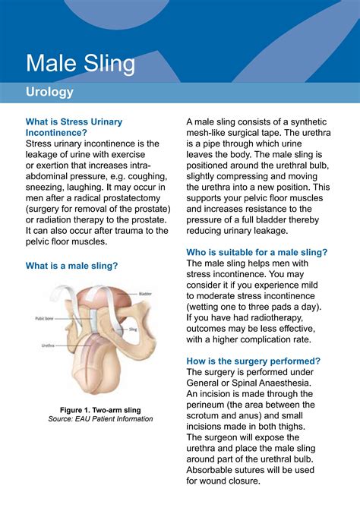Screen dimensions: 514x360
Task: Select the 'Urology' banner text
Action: [49, 92]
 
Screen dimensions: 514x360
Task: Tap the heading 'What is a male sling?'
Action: [72, 266]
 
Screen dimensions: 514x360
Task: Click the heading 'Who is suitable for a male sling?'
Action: [257, 252]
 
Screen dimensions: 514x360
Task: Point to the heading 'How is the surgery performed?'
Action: [253, 361]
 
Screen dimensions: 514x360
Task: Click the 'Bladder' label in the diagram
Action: [146, 293]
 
